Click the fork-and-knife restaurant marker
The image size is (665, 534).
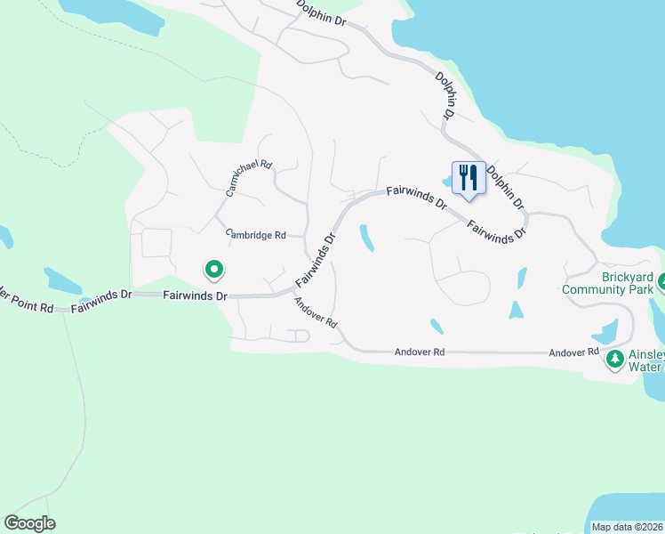coord(467,177)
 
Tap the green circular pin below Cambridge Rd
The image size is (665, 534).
coord(213,268)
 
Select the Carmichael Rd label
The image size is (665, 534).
coord(249,178)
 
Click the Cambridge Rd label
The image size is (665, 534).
coord(255,235)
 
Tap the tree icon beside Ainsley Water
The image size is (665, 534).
coord(614,360)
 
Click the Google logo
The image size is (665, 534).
coord(29,523)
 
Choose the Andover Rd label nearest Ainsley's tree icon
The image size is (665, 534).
coord(573,352)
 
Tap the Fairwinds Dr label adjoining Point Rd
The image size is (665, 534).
coord(101,299)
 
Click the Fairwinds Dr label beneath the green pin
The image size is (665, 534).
coord(196,295)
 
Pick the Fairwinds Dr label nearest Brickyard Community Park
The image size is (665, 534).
coord(497,228)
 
